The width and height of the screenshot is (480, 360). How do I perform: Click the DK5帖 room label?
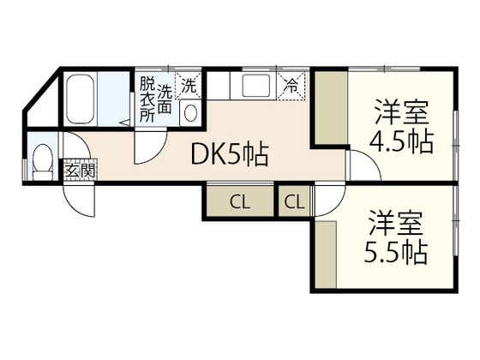(x=229, y=155)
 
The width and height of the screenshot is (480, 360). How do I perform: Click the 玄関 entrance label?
(x=80, y=170)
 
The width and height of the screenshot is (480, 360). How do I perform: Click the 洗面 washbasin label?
(x=166, y=95)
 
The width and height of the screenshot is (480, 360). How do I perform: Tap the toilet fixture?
(x=41, y=160)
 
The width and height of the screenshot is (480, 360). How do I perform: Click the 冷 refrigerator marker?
(x=292, y=86)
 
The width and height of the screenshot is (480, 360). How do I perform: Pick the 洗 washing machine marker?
(x=189, y=86)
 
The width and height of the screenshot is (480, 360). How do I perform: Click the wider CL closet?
(x=239, y=203)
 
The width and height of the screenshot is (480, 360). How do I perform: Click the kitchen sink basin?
(x=256, y=87)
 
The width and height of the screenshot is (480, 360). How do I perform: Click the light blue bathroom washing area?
(x=112, y=99)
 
